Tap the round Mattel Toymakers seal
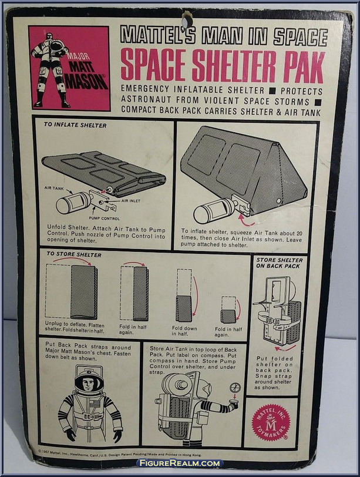tap(271, 422)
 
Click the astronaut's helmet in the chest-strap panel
tap(89, 382)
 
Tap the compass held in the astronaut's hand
tap(235, 388)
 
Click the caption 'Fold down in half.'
tap(185, 330)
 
